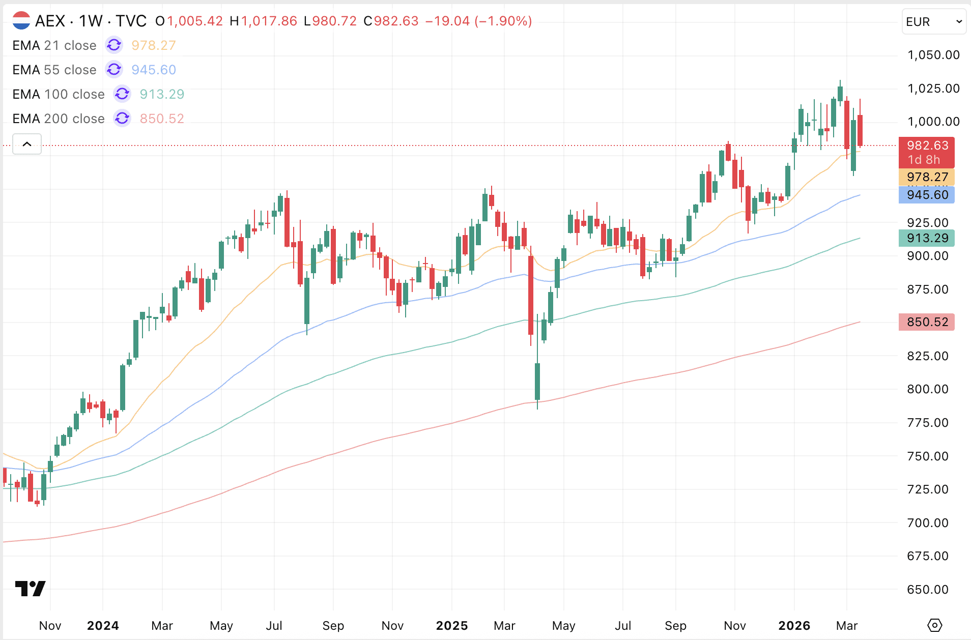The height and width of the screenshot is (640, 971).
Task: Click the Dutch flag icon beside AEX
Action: click(21, 21)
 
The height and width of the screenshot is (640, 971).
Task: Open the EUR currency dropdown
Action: click(933, 22)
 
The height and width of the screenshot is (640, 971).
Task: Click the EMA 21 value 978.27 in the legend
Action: click(153, 45)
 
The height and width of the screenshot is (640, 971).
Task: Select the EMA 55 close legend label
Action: click(54, 70)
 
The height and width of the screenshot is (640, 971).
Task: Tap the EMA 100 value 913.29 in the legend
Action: click(162, 94)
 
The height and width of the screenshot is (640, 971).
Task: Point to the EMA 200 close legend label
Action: click(59, 119)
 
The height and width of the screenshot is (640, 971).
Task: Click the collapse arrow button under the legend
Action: click(27, 144)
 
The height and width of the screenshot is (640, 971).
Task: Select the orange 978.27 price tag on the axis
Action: click(927, 177)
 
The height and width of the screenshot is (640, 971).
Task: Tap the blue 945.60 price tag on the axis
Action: click(927, 195)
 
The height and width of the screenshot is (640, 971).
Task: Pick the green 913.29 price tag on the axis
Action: click(927, 238)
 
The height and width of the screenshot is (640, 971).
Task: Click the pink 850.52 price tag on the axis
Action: click(927, 322)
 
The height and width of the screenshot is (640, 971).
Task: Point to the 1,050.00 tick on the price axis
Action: click(933, 55)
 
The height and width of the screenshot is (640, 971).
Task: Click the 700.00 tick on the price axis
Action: click(928, 522)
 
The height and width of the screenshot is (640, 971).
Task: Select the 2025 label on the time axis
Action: click(452, 625)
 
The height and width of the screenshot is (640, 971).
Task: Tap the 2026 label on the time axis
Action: click(794, 625)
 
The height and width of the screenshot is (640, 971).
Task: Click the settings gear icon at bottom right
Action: click(935, 625)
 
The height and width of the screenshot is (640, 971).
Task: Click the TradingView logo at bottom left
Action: click(31, 589)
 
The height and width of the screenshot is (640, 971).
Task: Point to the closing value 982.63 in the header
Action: click(396, 21)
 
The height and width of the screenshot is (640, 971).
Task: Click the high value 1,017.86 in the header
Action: click(269, 21)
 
